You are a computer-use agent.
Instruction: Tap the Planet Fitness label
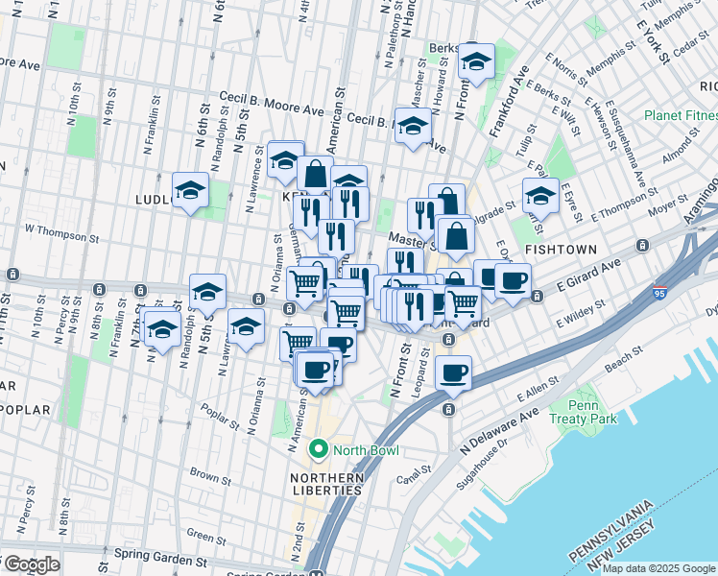coord(681,116)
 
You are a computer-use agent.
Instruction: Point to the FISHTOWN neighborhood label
coord(562,249)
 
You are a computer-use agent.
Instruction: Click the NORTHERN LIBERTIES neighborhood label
coord(327,484)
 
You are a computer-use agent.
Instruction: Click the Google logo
coord(31,564)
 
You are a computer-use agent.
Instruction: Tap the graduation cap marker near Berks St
coord(474,61)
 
